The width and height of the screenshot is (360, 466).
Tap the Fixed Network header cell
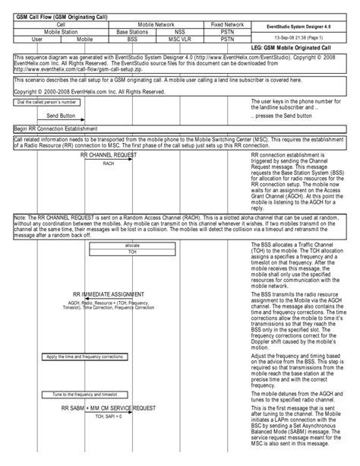pos(227,24)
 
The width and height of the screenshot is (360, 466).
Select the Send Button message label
pos(61,116)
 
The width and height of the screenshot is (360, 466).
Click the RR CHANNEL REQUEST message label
pos(109,154)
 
